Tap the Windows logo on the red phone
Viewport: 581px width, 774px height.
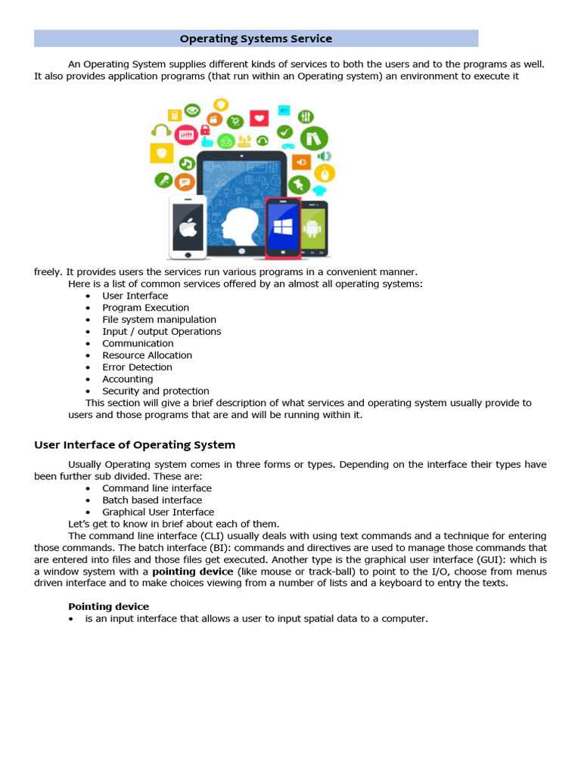(x=282, y=227)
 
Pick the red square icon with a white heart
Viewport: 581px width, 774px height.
(x=259, y=119)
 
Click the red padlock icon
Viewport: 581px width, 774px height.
(x=204, y=130)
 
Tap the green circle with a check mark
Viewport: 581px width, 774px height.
(x=284, y=132)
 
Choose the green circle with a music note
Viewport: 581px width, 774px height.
(x=186, y=163)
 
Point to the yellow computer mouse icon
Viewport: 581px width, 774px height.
(x=324, y=173)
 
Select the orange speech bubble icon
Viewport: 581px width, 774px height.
(x=184, y=182)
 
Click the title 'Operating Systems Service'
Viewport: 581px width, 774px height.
(x=256, y=39)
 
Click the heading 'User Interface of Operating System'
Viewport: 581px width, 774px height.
(x=135, y=445)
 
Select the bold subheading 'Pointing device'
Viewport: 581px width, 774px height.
(x=108, y=606)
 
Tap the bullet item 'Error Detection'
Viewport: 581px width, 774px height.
(x=137, y=367)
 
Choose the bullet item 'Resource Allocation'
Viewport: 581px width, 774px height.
(x=147, y=355)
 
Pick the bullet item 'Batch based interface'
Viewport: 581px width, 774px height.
(x=152, y=500)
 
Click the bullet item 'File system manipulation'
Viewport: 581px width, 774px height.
(x=159, y=320)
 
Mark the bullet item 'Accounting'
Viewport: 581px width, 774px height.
(x=127, y=379)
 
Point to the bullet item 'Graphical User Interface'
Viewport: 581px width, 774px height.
(x=158, y=512)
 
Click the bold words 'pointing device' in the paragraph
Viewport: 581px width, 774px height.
(x=193, y=571)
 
